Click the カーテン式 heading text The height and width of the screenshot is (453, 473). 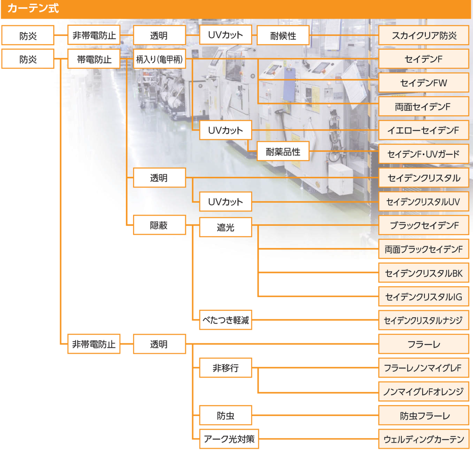(x=33, y=8)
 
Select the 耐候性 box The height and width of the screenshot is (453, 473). (x=283, y=35)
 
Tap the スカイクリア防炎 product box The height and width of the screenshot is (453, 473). (x=424, y=35)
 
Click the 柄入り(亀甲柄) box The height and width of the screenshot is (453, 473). (x=159, y=59)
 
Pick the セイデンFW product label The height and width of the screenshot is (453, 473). (x=424, y=83)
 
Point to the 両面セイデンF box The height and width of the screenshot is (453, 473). (x=424, y=107)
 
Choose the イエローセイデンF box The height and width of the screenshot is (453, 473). (x=424, y=130)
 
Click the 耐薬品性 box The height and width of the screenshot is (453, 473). (x=283, y=151)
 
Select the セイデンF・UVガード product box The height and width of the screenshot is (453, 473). (x=424, y=154)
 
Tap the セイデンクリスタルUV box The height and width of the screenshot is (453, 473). (x=424, y=201)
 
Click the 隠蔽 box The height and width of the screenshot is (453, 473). (x=159, y=225)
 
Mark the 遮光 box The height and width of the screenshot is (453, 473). (x=225, y=227)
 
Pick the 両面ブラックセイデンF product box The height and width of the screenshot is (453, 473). (x=424, y=249)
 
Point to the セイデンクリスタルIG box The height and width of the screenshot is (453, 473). (x=424, y=297)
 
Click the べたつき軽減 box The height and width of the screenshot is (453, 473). (x=225, y=320)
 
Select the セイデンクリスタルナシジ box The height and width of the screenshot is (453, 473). (x=424, y=320)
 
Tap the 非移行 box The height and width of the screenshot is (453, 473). (x=225, y=368)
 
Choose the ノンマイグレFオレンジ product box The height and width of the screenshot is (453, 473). (x=424, y=392)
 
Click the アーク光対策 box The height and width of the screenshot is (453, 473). (x=229, y=439)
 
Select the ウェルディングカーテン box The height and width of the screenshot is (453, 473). (x=424, y=439)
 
